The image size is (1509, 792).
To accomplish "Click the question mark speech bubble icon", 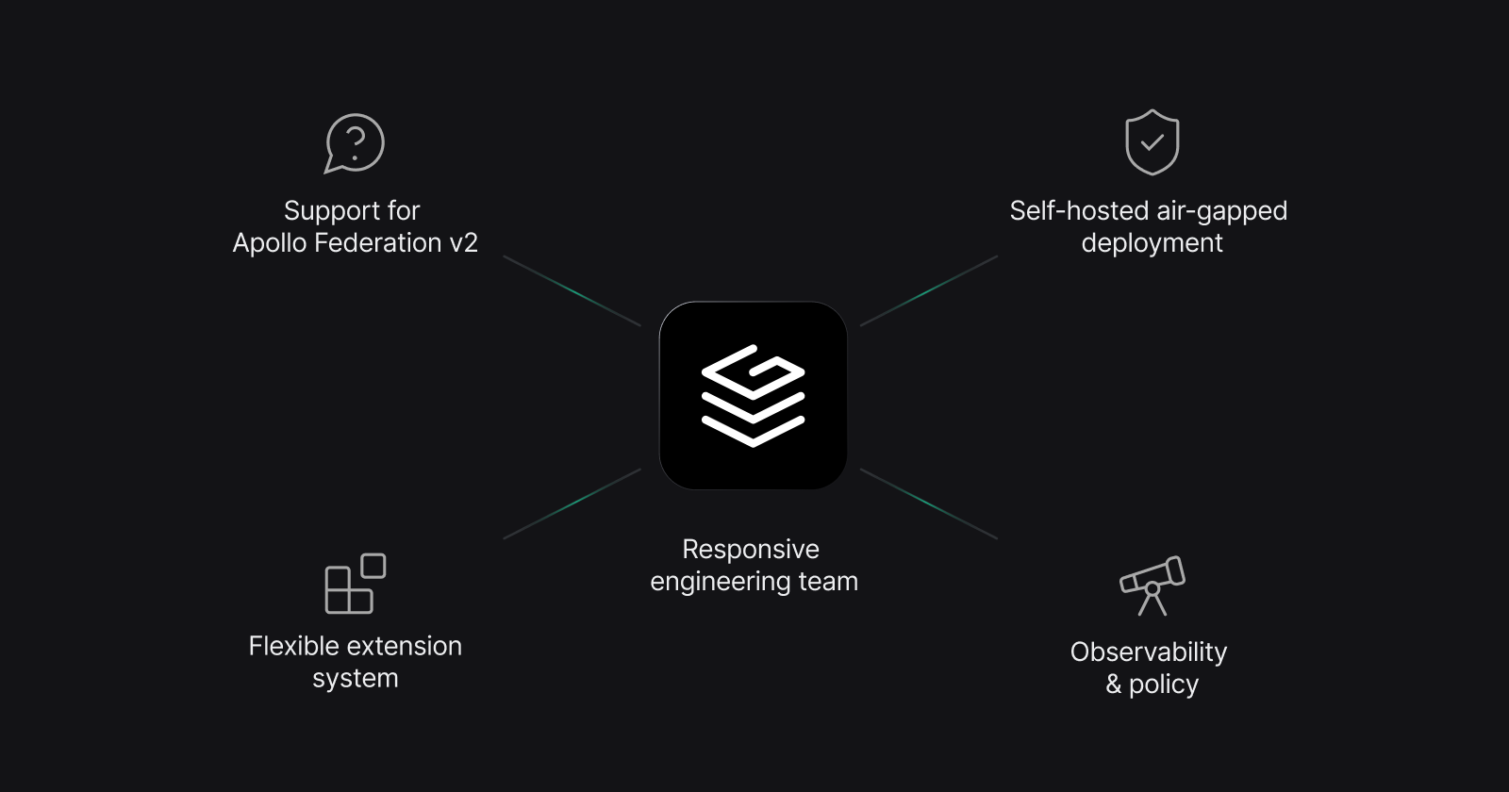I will pyautogui.click(x=355, y=143).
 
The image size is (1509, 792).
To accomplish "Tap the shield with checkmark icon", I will pyautogui.click(x=1152, y=142).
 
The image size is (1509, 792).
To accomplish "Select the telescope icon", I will pyautogui.click(x=1152, y=586).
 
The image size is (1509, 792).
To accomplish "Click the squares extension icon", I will pyautogui.click(x=354, y=585).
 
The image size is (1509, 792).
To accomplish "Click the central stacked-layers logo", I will pyautogui.click(x=753, y=395).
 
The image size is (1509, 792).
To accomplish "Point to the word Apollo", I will pyautogui.click(x=269, y=243).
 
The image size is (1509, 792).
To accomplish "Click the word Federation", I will pyautogui.click(x=377, y=243).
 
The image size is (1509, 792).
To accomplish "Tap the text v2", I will pyautogui.click(x=463, y=243).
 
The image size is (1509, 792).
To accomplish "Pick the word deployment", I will pyautogui.click(x=1152, y=243).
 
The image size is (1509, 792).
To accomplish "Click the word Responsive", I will pyautogui.click(x=751, y=550).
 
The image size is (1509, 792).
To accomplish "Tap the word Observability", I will pyautogui.click(x=1149, y=652).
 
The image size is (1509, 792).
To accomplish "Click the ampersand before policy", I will pyautogui.click(x=1114, y=685).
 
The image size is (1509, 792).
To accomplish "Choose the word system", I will pyautogui.click(x=356, y=679).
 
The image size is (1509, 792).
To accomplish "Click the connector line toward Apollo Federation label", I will pyautogui.click(x=572, y=291).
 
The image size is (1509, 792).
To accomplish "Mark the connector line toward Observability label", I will pyautogui.click(x=929, y=504).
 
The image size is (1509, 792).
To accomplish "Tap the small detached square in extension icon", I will pyautogui.click(x=373, y=566).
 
